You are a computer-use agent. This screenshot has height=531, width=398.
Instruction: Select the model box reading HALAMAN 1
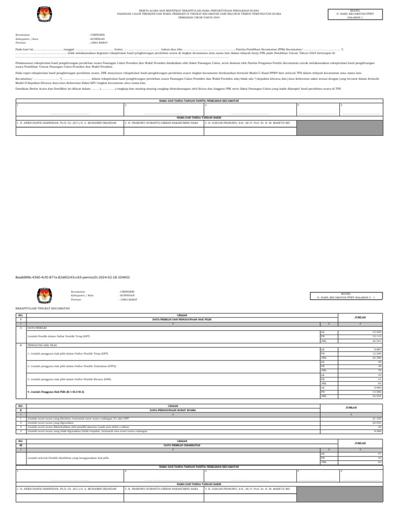coord(356,14)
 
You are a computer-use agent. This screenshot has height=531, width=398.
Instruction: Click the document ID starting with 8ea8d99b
coord(73,277)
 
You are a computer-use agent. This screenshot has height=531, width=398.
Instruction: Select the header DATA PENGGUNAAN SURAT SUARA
coord(173,410)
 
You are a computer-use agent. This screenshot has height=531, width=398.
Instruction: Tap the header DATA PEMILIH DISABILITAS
coord(173,445)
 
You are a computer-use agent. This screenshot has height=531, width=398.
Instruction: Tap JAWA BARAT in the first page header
coord(99,41)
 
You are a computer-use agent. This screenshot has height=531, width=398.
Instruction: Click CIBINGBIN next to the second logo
coord(129,292)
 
